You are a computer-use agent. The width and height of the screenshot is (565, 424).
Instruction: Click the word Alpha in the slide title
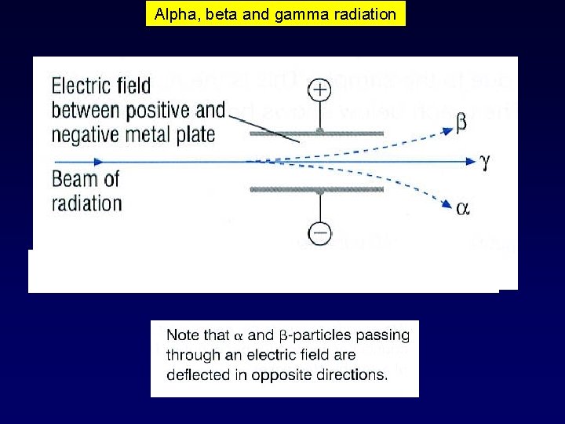(x=171, y=14)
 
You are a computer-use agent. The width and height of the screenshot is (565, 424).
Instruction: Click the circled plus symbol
(x=320, y=90)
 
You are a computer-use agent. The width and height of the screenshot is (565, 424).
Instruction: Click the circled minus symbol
(x=320, y=233)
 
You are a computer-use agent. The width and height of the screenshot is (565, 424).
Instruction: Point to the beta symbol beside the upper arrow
(x=461, y=123)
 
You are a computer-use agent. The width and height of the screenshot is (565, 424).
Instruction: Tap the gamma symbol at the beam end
(x=484, y=161)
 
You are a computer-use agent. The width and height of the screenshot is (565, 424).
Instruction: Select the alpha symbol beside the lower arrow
(x=463, y=208)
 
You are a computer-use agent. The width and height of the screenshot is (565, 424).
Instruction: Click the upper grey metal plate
(x=316, y=133)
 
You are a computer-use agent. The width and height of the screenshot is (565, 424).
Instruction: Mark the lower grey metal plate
(x=316, y=189)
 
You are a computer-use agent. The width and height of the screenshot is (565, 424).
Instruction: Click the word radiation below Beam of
(x=86, y=203)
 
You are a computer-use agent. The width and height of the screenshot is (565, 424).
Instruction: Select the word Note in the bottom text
(x=183, y=335)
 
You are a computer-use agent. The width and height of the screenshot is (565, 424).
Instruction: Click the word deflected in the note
(x=197, y=375)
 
